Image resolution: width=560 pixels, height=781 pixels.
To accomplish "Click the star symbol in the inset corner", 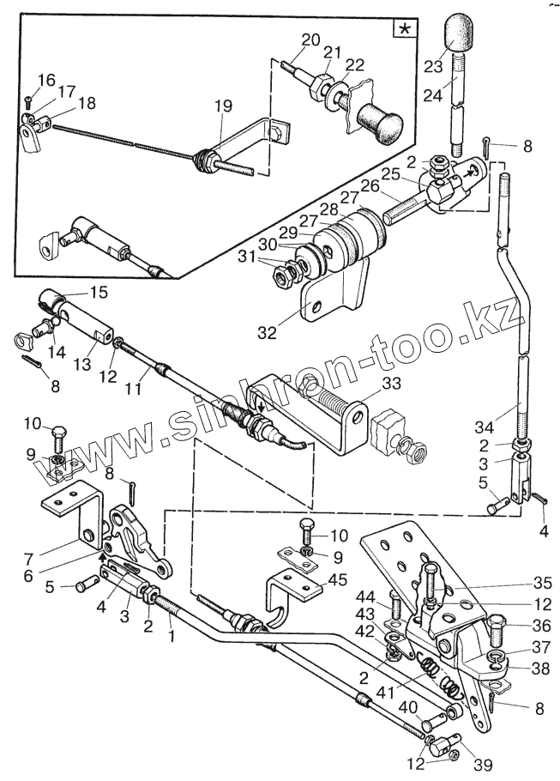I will click(x=401, y=29).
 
